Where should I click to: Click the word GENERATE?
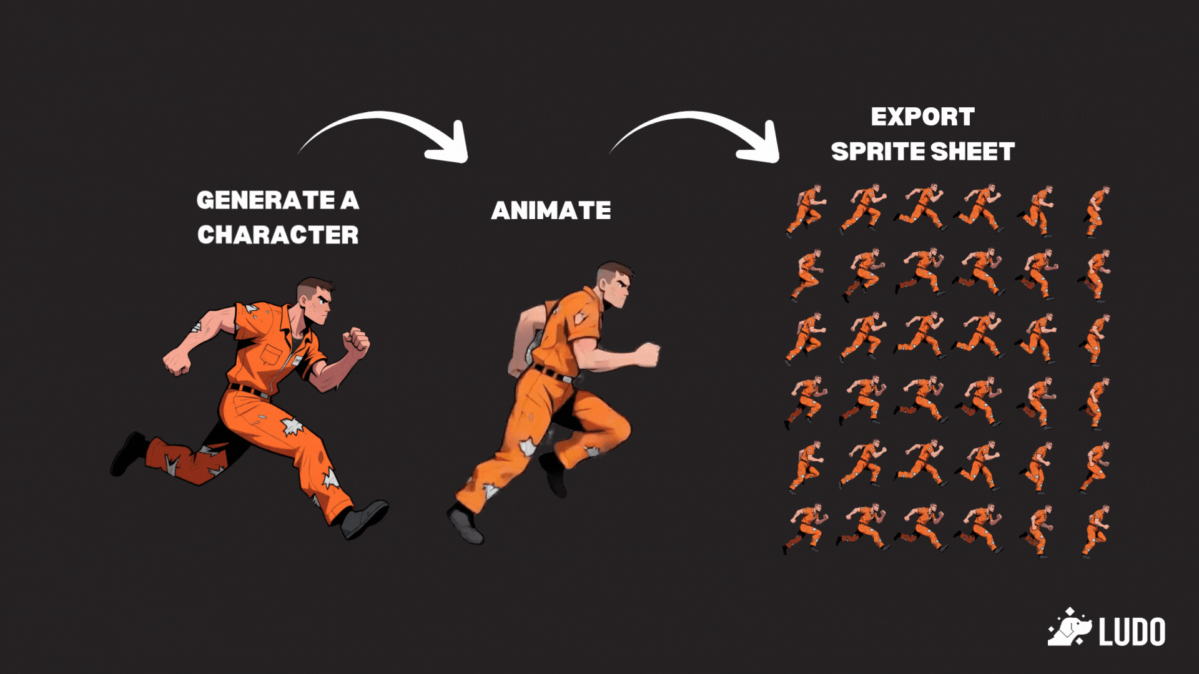(266, 200)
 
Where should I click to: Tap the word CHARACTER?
(278, 235)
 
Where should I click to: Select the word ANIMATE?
(551, 210)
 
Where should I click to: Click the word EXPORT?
(922, 117)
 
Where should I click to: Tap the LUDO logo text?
(1132, 632)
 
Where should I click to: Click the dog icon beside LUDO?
(1069, 627)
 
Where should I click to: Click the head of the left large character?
(315, 301)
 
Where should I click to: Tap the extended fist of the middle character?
(648, 354)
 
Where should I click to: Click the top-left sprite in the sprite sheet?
(806, 210)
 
